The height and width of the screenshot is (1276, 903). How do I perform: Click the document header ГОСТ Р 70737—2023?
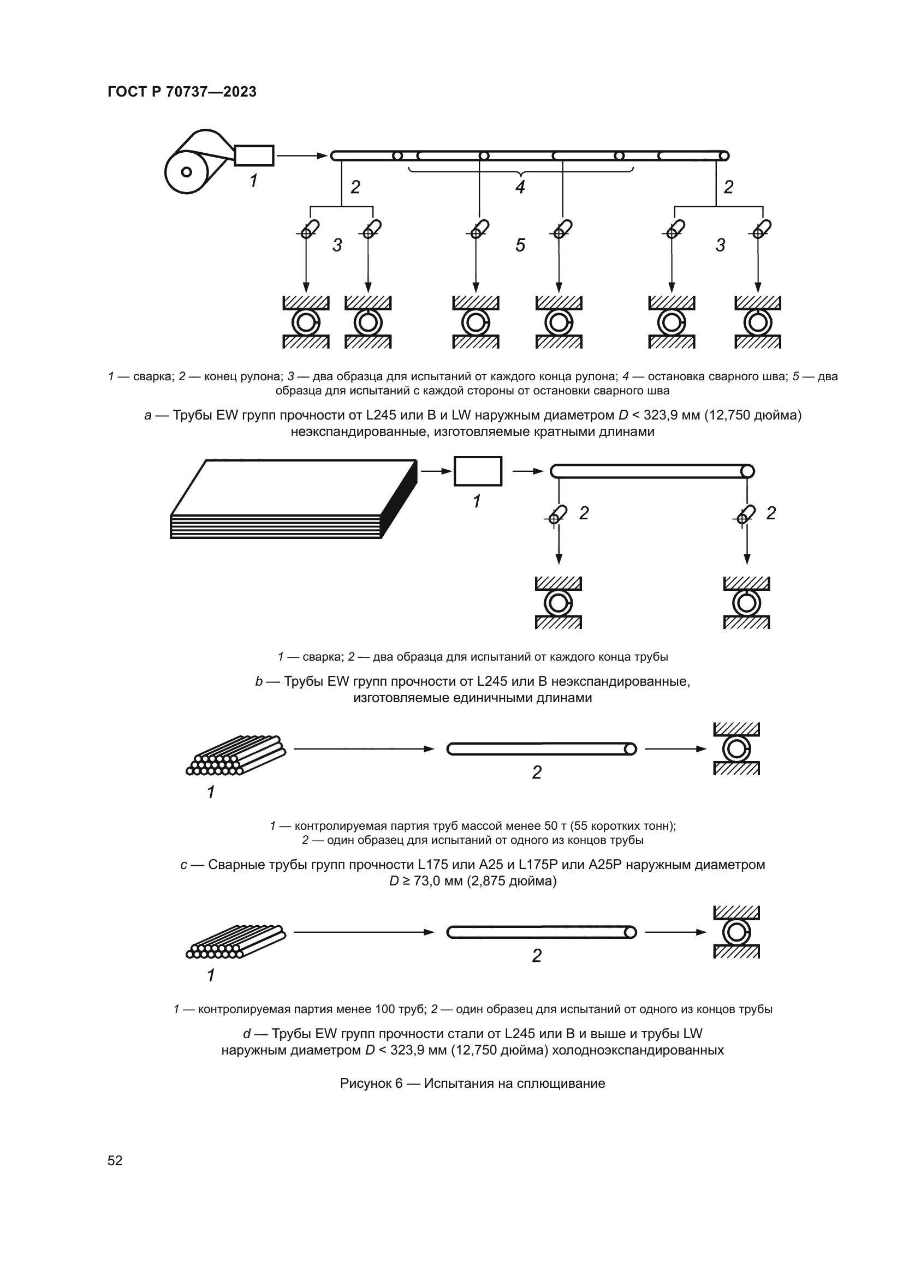coord(182,92)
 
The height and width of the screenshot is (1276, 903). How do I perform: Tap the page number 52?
coord(115,1160)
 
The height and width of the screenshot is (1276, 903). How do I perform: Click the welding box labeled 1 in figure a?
coord(253,155)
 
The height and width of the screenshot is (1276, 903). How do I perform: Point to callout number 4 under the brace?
coord(520,187)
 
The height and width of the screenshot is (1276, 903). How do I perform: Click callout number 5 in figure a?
coord(520,245)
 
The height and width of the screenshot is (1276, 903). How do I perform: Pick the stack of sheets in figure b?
coord(294,499)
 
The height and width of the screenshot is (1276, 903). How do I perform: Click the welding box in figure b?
coord(478,471)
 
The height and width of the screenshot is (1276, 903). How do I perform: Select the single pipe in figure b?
coord(652,471)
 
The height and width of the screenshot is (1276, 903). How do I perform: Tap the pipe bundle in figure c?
coord(236,755)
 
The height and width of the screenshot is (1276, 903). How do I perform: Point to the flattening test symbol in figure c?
coord(736,748)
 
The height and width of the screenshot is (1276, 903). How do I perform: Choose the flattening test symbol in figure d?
coord(736,932)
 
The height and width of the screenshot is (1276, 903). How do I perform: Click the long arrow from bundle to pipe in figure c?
coord(364,749)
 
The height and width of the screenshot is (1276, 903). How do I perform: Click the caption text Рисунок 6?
coord(371,1084)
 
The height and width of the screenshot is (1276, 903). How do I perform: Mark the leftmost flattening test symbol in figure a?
coord(306,322)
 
